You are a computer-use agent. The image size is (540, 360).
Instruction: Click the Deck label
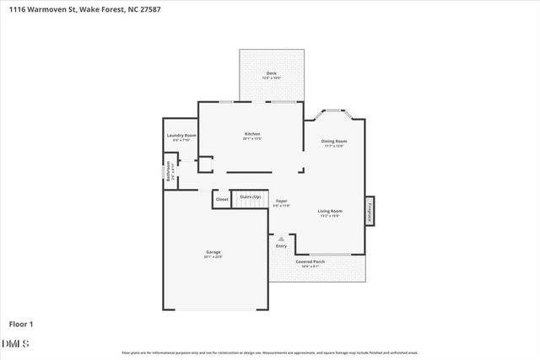[272, 73]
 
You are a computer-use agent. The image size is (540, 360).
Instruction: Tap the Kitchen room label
[251, 134]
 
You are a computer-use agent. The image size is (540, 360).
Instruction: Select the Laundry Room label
[181, 135]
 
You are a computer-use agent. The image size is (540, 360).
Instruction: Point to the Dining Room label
[334, 142]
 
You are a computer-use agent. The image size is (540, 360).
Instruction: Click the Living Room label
[329, 211]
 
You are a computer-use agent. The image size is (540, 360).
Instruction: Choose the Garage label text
[213, 252]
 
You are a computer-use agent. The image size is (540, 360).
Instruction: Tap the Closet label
[222, 199]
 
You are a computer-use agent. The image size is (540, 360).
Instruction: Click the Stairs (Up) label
[250, 196]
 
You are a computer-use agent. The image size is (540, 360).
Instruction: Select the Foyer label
[281, 201]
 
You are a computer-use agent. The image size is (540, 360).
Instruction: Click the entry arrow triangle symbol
[281, 239]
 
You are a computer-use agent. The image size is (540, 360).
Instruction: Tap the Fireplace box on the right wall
[369, 211]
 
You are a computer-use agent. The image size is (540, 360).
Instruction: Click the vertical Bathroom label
[168, 171]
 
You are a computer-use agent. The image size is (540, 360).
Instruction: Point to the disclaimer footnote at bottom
[270, 352]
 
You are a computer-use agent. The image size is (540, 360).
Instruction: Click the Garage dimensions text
[213, 257]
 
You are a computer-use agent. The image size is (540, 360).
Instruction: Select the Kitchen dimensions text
[251, 139]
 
